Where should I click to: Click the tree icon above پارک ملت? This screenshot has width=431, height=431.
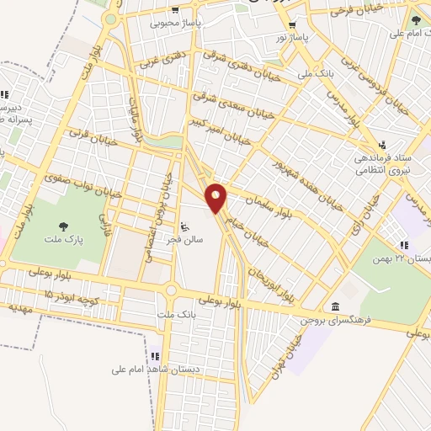pos(63,226)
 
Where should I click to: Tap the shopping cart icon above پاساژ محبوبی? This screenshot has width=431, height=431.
pos(175,11)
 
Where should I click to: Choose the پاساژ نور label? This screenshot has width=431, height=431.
pos(294,39)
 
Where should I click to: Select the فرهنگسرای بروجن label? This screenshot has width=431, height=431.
pos(337,321)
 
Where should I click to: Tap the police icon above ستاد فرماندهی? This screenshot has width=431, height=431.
pos(383,144)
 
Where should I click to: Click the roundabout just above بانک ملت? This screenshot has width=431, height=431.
pos(173,291)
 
